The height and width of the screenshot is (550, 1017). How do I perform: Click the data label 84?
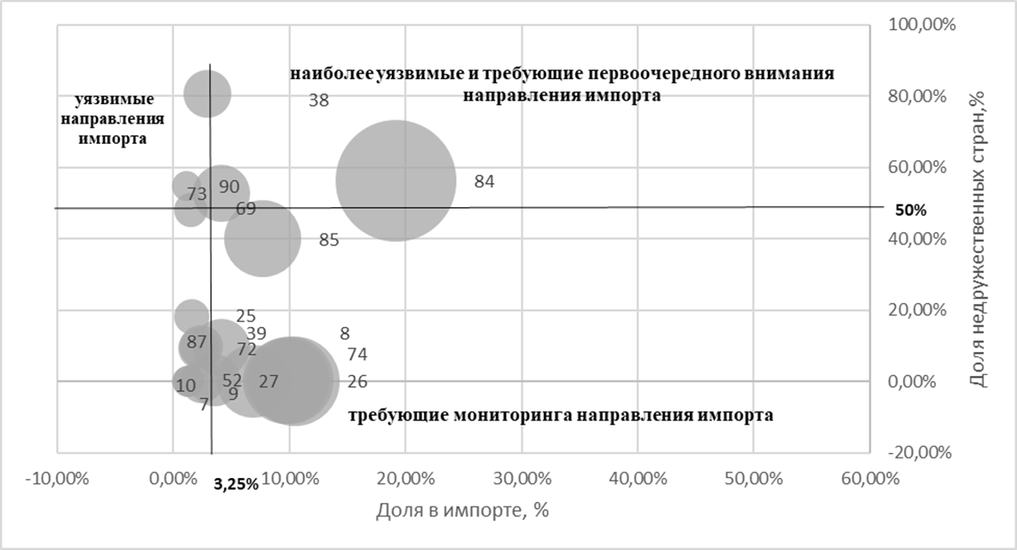click(x=484, y=182)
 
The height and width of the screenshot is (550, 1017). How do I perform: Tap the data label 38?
click(x=319, y=101)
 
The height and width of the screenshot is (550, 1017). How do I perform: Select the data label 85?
click(x=329, y=240)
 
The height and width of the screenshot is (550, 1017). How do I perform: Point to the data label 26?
click(x=357, y=382)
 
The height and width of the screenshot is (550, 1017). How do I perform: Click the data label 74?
click(x=357, y=355)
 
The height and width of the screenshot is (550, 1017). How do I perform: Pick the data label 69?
click(x=246, y=210)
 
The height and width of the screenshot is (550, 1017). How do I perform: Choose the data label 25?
click(x=246, y=316)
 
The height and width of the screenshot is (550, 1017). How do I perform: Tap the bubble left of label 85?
click(x=260, y=238)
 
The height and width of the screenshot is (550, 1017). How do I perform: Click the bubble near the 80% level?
click(x=207, y=93)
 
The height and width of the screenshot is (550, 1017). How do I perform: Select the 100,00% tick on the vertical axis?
click(x=922, y=26)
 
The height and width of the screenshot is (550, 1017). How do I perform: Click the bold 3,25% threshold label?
click(x=236, y=485)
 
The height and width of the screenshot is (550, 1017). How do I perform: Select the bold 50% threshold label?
click(x=910, y=211)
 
